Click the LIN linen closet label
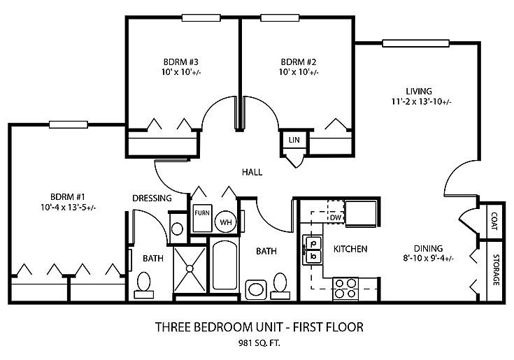tap(294, 140)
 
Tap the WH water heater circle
tap(225, 222)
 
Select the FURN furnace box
tap(202, 218)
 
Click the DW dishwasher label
tap(336, 217)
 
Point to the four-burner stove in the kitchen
tap(345, 288)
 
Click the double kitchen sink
tap(313, 250)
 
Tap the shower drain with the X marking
tap(190, 268)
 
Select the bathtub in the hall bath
tap(224, 266)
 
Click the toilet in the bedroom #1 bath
tap(144, 285)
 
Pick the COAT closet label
tap(494, 221)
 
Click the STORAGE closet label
tap(496, 270)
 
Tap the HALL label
tap(252, 172)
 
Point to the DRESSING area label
tap(152, 199)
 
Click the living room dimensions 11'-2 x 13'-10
tap(421, 101)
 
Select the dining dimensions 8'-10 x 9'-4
tap(429, 259)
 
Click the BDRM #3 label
tap(181, 62)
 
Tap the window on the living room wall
tap(415, 43)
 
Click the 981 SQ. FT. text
tap(259, 343)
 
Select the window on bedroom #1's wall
tap(69, 124)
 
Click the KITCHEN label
tap(350, 249)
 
